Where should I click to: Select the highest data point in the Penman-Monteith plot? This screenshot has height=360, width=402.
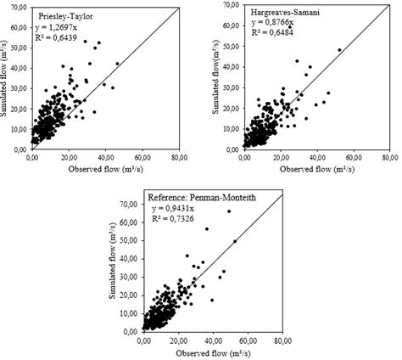pos(228,211)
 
